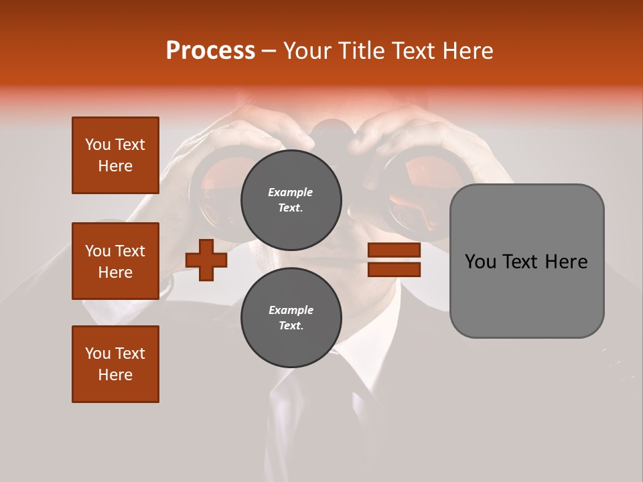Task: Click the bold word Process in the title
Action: tap(210, 51)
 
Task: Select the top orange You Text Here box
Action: tap(115, 155)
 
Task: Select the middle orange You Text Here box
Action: tap(115, 261)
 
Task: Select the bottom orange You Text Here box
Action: tap(115, 364)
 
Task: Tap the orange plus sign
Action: tap(206, 260)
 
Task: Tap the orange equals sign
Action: tap(394, 260)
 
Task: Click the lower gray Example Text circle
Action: tap(291, 318)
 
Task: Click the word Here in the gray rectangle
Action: tap(566, 262)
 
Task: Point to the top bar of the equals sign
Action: tap(394, 250)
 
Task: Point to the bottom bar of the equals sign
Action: tap(394, 269)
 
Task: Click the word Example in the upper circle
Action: tap(291, 192)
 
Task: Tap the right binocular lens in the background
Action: tap(419, 191)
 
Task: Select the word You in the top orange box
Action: tap(97, 145)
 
